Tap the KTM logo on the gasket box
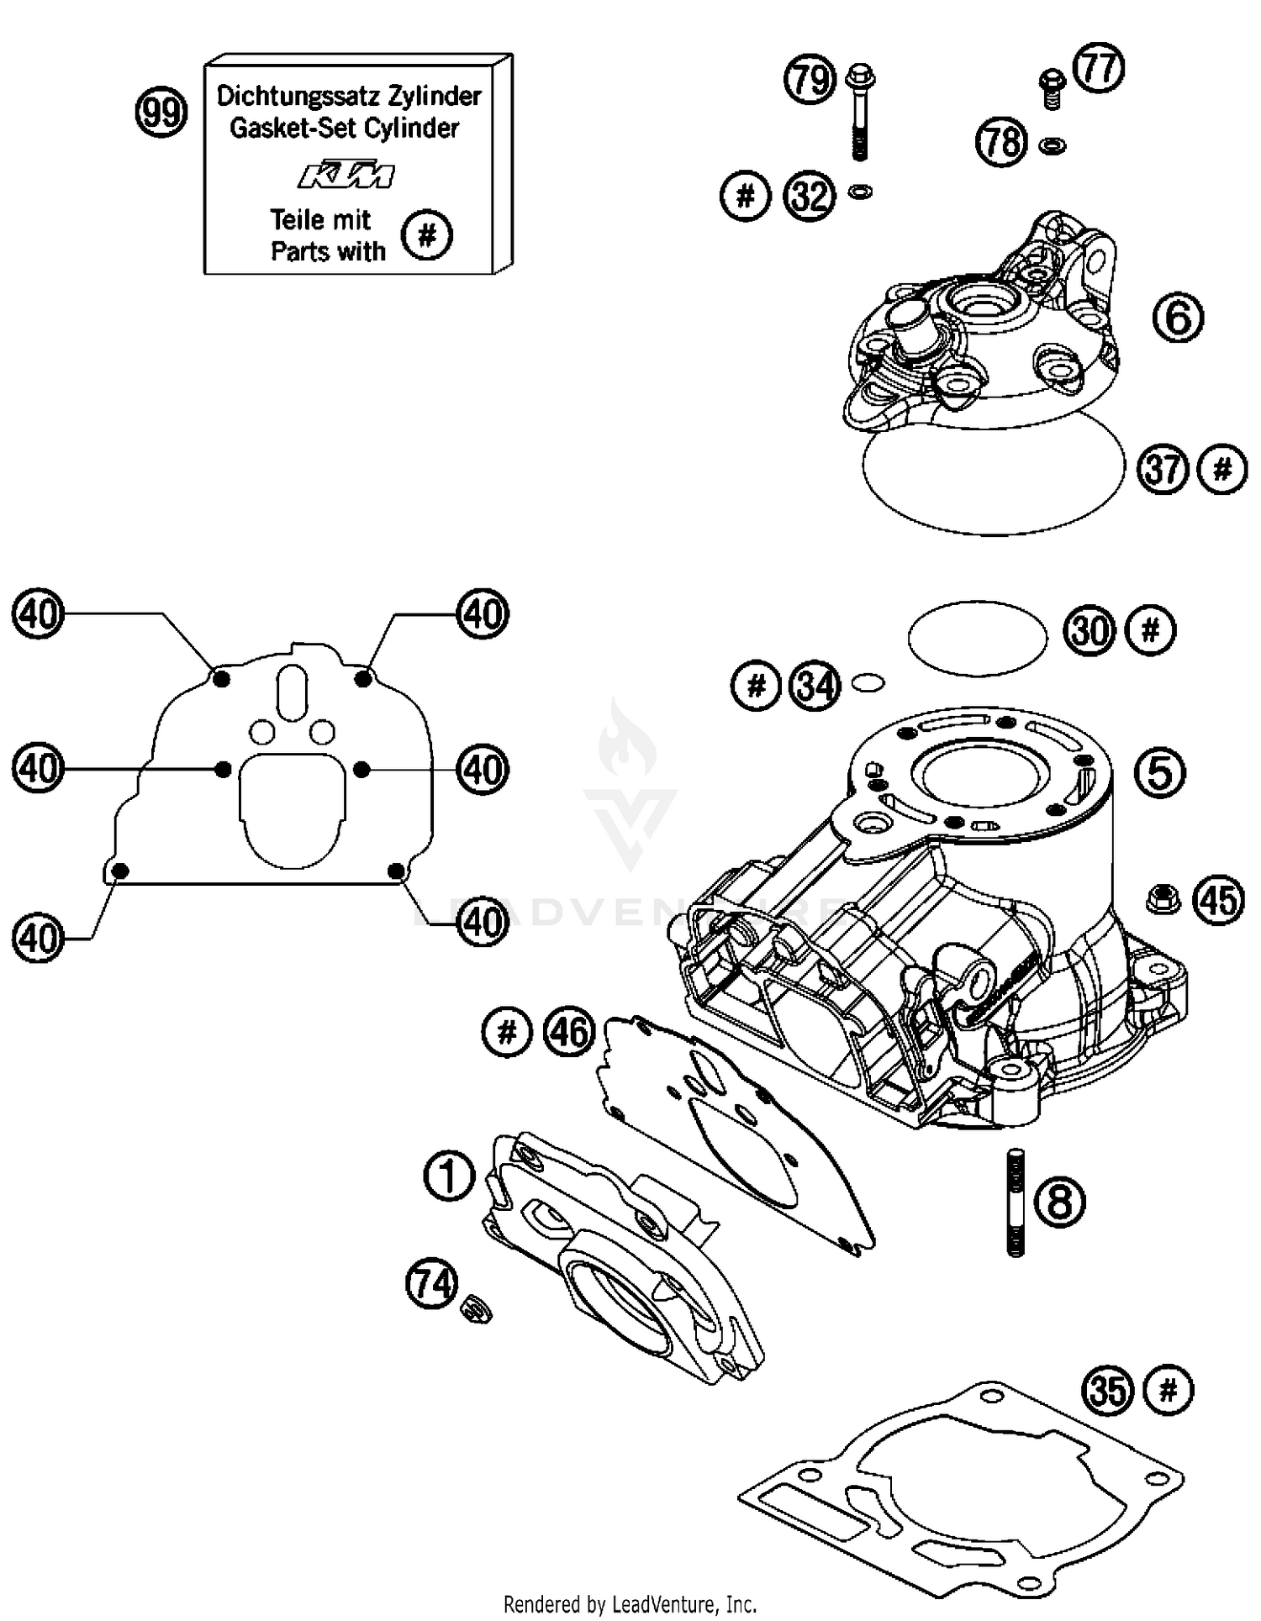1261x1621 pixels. click(x=346, y=175)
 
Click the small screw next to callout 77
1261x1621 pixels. click(x=1052, y=88)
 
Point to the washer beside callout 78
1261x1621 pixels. click(x=1052, y=146)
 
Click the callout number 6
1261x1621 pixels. click(x=1178, y=318)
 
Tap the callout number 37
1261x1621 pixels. click(x=1163, y=469)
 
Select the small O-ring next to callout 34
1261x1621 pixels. click(x=867, y=683)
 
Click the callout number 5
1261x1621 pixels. click(x=1159, y=772)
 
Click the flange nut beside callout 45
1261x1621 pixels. click(x=1163, y=898)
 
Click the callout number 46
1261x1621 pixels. click(x=569, y=1031)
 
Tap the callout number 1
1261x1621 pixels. click(x=449, y=1176)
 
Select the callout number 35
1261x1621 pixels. click(x=1108, y=1390)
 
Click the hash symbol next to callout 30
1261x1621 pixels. click(x=1151, y=629)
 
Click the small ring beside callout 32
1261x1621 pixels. click(x=861, y=192)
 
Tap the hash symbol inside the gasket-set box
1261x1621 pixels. click(x=426, y=234)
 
